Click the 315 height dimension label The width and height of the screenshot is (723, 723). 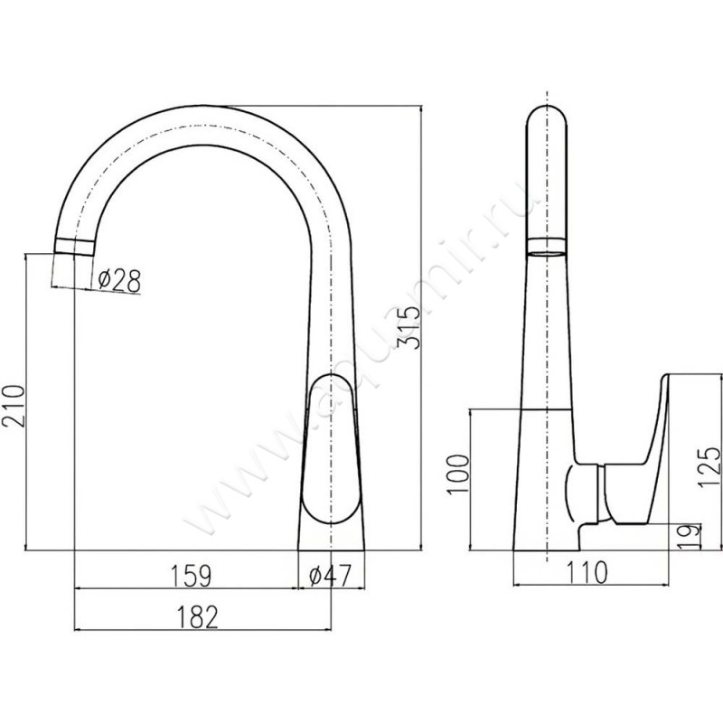(409, 327)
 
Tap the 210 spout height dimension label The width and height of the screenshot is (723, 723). (14, 406)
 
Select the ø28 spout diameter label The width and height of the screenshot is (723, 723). (119, 280)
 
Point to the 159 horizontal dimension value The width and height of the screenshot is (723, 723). (192, 576)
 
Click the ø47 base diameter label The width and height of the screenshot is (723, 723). (330, 576)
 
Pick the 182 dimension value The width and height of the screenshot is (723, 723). (197, 617)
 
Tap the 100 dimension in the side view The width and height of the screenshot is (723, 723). (458, 474)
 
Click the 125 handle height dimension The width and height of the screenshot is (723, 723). (709, 466)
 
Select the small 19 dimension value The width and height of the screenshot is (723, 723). (690, 536)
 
